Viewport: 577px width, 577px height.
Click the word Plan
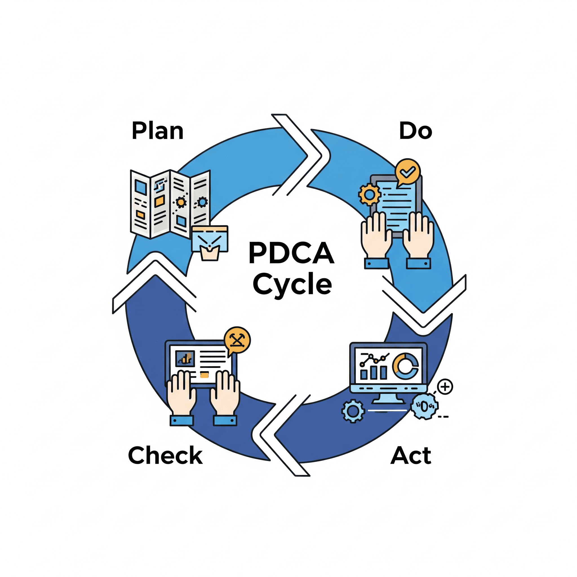tap(157, 131)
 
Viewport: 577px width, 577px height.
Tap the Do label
tap(416, 131)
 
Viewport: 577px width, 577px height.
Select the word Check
tap(165, 455)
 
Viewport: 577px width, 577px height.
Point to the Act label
tap(411, 456)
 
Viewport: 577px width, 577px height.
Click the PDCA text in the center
tap(291, 253)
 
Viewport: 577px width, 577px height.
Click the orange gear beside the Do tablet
tap(369, 194)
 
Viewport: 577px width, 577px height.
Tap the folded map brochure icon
tap(170, 204)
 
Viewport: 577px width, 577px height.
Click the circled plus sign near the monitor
tap(445, 387)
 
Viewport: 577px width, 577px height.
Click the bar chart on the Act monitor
tap(374, 372)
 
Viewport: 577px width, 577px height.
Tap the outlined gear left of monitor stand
tap(353, 411)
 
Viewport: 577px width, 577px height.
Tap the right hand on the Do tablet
tap(418, 236)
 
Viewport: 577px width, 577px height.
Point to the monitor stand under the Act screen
tap(388, 399)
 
